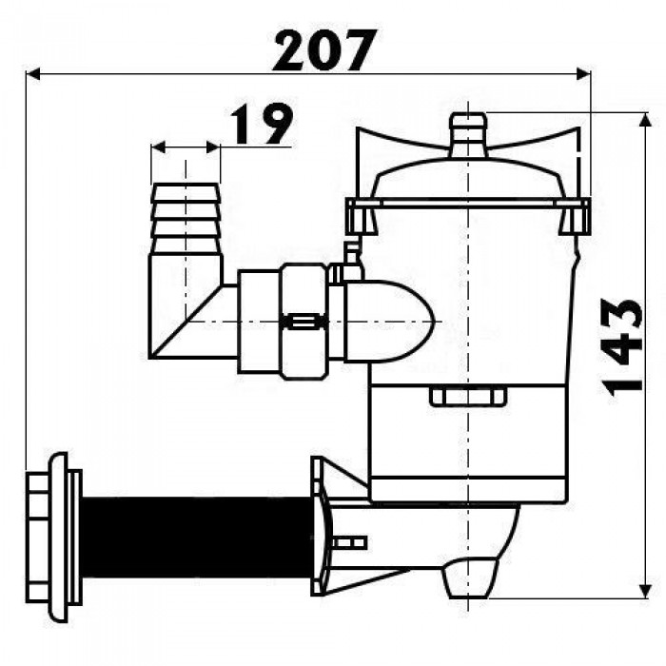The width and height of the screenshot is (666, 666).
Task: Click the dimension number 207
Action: click(x=325, y=50)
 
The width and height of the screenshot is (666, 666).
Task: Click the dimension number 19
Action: click(x=262, y=124)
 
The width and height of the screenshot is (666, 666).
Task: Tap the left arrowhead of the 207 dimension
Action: click(x=33, y=74)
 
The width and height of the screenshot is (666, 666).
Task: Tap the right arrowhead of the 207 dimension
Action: click(x=583, y=74)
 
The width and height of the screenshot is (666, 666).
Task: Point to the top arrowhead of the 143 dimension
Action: click(x=646, y=120)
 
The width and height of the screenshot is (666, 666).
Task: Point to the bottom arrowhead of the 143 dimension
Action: click(x=646, y=591)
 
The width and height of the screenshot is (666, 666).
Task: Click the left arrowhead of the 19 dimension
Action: click(x=159, y=147)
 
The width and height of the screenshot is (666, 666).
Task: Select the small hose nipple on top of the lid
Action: click(x=468, y=135)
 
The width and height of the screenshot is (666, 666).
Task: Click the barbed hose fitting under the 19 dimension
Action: click(x=186, y=219)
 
